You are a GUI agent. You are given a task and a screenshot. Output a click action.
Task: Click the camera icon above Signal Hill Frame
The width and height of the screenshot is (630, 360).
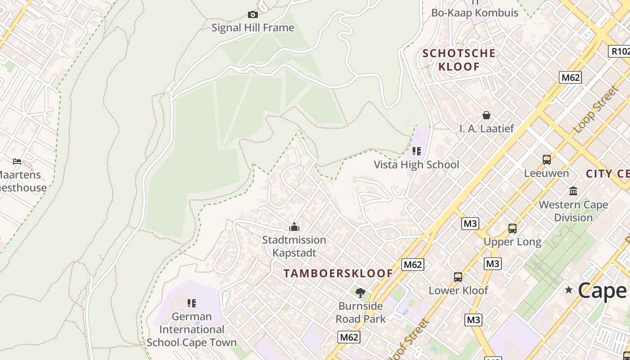pyautogui.click(x=253, y=15)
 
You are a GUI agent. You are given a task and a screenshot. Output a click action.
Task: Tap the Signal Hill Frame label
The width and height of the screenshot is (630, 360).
pyautogui.click(x=253, y=28)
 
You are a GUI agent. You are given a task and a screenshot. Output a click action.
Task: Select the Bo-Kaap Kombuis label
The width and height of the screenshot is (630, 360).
pyautogui.click(x=475, y=13)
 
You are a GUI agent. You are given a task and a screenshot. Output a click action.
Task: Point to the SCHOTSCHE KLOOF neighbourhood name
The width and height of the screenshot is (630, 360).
pyautogui.click(x=459, y=60)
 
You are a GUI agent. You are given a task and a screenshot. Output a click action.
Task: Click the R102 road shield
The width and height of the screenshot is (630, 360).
pyautogui.click(x=620, y=51)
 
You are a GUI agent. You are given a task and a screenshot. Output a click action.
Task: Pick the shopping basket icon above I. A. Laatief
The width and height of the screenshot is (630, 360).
pyautogui.click(x=486, y=115)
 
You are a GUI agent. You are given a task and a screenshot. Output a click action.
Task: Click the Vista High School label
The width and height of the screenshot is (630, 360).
pyautogui.click(x=417, y=165)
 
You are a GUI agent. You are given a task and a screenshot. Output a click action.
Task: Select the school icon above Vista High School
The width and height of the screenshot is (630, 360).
pyautogui.click(x=417, y=151)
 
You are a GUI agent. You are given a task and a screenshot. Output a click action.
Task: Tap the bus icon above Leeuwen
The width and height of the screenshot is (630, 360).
pyautogui.click(x=547, y=159)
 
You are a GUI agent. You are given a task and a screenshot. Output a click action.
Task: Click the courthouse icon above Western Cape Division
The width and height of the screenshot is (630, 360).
pyautogui.click(x=573, y=191)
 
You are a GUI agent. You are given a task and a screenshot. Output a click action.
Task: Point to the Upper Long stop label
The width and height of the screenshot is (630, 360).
pyautogui.click(x=513, y=242)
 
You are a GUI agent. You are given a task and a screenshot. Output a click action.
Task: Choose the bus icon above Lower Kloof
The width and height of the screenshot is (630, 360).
pyautogui.click(x=458, y=277)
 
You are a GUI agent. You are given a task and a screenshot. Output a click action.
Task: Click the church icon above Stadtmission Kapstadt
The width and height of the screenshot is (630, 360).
pyautogui.click(x=294, y=226)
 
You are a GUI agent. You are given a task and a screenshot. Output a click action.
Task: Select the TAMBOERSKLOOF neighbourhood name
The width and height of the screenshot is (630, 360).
pyautogui.click(x=338, y=273)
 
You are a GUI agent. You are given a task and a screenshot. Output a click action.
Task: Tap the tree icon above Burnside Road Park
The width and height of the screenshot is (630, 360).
pyautogui.click(x=360, y=293)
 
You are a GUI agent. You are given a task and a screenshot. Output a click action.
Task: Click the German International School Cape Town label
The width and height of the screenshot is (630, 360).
pyautogui.click(x=192, y=330)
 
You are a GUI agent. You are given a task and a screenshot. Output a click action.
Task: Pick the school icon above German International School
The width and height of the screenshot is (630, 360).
pyautogui.click(x=192, y=303)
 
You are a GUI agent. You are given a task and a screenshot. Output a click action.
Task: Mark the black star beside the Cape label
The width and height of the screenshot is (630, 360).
pyautogui.click(x=569, y=290)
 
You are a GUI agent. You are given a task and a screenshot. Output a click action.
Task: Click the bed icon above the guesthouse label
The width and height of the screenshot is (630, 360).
pyautogui.click(x=17, y=161)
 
